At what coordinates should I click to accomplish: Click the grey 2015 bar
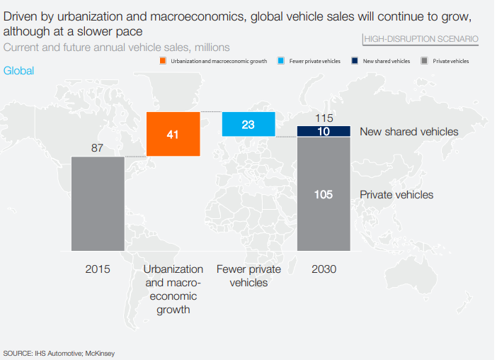tap(98, 203)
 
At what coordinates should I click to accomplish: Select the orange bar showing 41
tap(173, 134)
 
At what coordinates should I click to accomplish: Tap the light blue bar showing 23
tap(248, 124)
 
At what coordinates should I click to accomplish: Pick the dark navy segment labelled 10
tap(324, 131)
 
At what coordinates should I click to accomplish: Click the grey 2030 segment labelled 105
tap(324, 194)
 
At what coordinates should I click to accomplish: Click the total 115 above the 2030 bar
tap(324, 118)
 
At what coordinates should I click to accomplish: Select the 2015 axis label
tap(98, 269)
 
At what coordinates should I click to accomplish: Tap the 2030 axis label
tap(324, 269)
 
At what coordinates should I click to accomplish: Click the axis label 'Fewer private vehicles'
tap(248, 276)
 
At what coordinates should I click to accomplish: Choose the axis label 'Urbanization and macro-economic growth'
tap(173, 289)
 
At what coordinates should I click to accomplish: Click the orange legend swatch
tap(163, 62)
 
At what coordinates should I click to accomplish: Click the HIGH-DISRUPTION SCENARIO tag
tap(421, 39)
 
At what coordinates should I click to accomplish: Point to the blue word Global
tap(18, 71)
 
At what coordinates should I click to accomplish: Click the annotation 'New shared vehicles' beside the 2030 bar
tap(409, 131)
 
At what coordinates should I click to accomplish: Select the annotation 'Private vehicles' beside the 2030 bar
tap(396, 194)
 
